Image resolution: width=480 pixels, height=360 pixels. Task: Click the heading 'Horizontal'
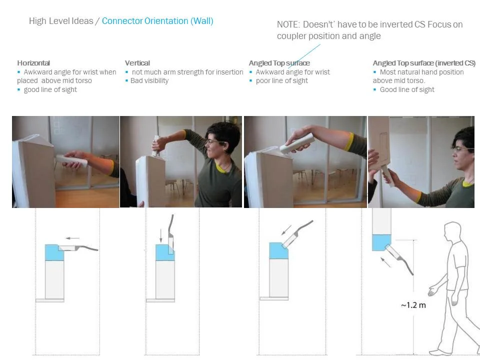pyautogui.click(x=33, y=63)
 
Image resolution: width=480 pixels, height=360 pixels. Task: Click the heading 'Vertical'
pyautogui.click(x=137, y=63)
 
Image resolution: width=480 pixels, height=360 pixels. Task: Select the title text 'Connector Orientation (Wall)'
pyautogui.click(x=157, y=21)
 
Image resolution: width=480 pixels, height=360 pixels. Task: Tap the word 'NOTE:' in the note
pyautogui.click(x=288, y=24)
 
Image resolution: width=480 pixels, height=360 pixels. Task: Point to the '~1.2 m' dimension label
pyautogui.click(x=413, y=305)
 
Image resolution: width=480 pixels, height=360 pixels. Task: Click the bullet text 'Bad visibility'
pyautogui.click(x=149, y=81)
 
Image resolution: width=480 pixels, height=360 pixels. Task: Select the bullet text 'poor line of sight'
pyautogui.click(x=281, y=81)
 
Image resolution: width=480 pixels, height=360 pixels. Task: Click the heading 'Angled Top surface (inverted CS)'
pyautogui.click(x=424, y=63)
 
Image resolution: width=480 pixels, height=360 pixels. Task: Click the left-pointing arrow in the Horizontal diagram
pyautogui.click(x=73, y=238)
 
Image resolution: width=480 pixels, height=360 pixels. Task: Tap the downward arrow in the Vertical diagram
pyautogui.click(x=161, y=235)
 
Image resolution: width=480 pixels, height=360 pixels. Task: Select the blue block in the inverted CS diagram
pyautogui.click(x=381, y=242)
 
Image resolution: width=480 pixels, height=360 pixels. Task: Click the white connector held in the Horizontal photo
pyautogui.click(x=71, y=160)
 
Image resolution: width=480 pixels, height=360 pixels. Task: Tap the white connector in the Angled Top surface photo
pyautogui.click(x=297, y=143)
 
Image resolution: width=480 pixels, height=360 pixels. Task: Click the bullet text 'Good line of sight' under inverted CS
pyautogui.click(x=407, y=89)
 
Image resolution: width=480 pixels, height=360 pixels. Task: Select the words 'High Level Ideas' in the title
pyautogui.click(x=61, y=21)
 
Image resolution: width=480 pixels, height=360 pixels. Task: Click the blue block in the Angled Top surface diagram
pyautogui.click(x=278, y=250)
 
